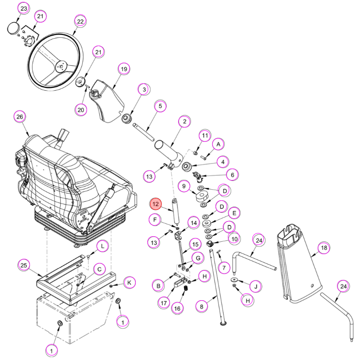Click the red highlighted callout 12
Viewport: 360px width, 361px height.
(x=156, y=204)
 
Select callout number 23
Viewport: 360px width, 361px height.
(x=24, y=9)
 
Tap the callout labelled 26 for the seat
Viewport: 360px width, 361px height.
(x=20, y=117)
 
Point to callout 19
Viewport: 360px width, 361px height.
(x=124, y=69)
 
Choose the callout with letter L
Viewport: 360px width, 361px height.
(x=102, y=246)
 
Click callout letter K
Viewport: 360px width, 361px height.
(x=129, y=283)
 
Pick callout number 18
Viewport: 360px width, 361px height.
(x=324, y=248)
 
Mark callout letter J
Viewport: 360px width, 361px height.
(x=256, y=286)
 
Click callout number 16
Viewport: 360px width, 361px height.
(x=177, y=309)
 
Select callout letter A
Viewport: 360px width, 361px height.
(x=218, y=145)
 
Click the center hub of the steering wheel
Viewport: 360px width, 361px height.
(x=61, y=66)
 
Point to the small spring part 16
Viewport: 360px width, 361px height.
(x=186, y=288)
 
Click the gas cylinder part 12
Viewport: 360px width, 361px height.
(x=176, y=211)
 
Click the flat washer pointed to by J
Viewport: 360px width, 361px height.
(x=234, y=279)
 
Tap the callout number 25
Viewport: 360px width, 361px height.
(x=24, y=265)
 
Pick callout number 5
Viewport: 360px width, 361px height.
(x=160, y=106)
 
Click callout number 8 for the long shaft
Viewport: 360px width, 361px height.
(x=202, y=307)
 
